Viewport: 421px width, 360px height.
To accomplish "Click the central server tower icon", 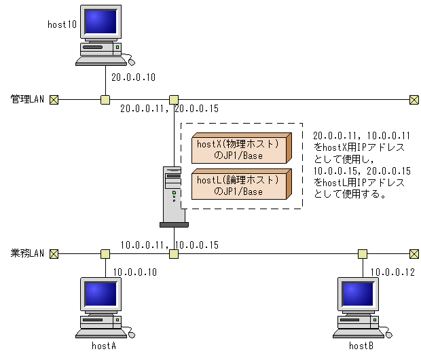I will pyautogui.click(x=173, y=197).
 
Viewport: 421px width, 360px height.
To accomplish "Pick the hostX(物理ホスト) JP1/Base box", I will pyautogui.click(x=238, y=149).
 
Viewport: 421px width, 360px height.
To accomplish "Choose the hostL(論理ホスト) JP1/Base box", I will pyautogui.click(x=238, y=185).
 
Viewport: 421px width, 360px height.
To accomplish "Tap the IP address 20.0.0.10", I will pyautogui.click(x=133, y=77).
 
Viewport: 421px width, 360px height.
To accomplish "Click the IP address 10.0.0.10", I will pyautogui.click(x=135, y=272).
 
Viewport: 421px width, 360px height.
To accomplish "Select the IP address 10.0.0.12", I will pyautogui.click(x=393, y=272).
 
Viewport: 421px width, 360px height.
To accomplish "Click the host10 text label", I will pyautogui.click(x=62, y=24).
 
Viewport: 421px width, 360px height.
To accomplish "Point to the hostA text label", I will pyautogui.click(x=105, y=346).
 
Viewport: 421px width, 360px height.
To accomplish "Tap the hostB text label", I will pyautogui.click(x=363, y=346).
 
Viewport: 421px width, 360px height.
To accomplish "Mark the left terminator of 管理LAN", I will pyautogui.click(x=54, y=100).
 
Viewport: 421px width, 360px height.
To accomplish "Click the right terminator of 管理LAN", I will pyautogui.click(x=414, y=100).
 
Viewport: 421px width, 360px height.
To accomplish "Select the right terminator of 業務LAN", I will pyautogui.click(x=414, y=254).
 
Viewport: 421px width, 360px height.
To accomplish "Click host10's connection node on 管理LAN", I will pyautogui.click(x=105, y=100).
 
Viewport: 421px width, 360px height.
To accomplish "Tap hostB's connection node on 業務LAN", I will pyautogui.click(x=363, y=254).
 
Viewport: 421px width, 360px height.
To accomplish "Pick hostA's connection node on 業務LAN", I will pyautogui.click(x=105, y=254).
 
